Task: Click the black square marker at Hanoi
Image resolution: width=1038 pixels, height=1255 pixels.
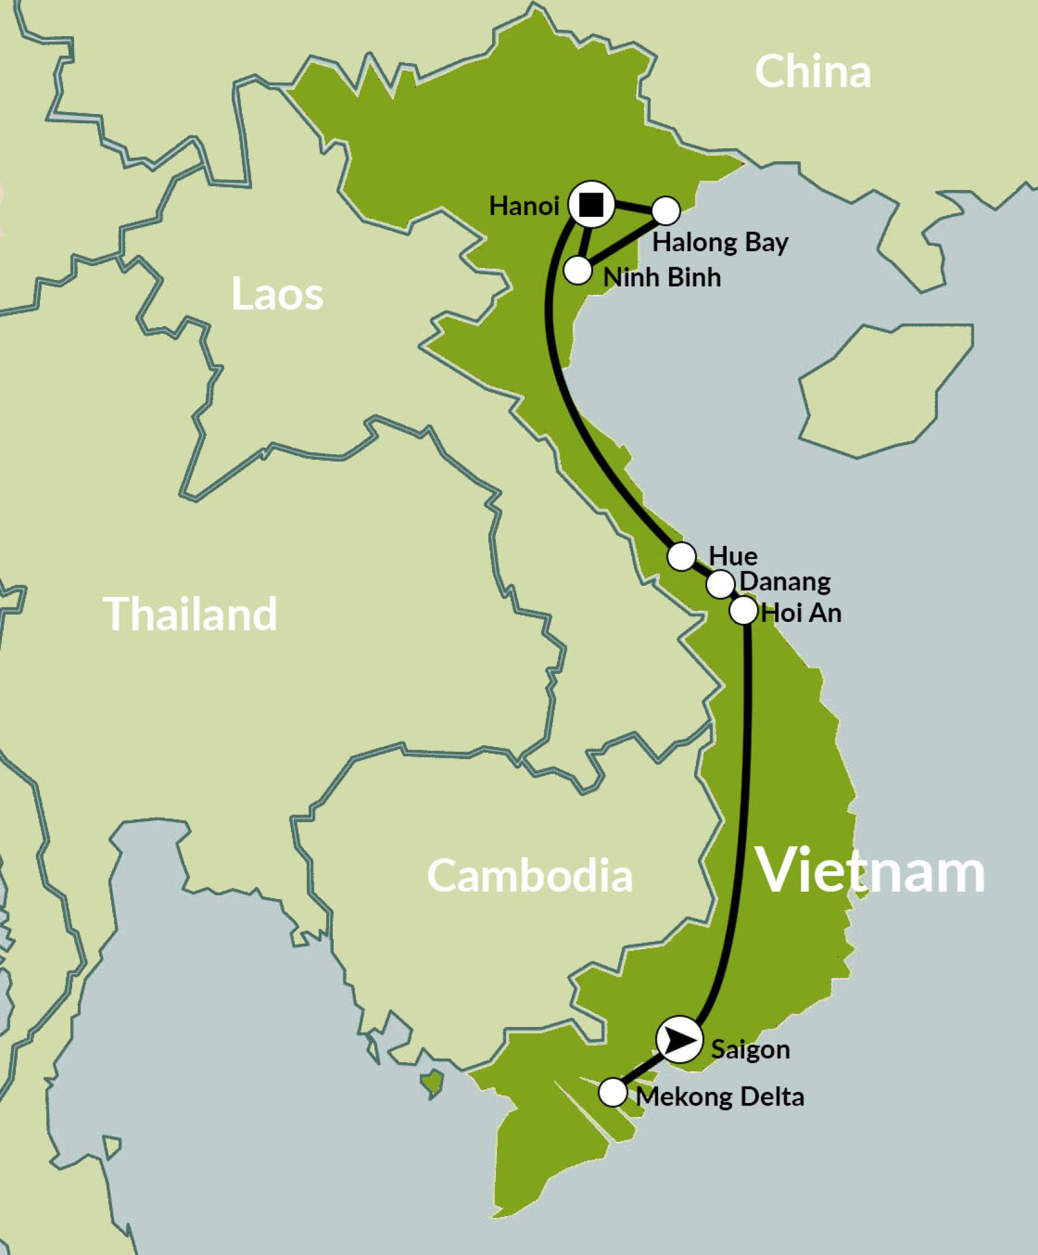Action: coord(591,205)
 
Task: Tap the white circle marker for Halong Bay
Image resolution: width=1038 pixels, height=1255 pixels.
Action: coord(665,211)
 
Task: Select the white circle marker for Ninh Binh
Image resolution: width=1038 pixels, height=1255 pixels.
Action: coord(577,270)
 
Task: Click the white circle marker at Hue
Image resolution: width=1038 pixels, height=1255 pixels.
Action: coord(681,556)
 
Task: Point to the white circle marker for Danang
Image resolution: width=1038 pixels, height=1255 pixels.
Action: coord(721,584)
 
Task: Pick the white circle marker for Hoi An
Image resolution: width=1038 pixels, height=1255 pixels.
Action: coord(743,610)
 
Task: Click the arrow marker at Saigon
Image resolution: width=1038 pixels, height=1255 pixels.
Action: coord(679,1040)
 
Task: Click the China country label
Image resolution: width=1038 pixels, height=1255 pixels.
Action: coord(813,72)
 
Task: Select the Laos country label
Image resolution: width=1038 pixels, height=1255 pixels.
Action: coord(277,295)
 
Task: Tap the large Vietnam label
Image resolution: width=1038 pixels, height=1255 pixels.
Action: coord(871,870)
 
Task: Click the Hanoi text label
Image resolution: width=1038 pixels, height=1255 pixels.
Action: coord(524,207)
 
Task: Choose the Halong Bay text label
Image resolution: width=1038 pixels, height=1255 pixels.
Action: coord(720,243)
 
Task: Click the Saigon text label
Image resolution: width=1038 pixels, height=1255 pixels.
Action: coord(750,1050)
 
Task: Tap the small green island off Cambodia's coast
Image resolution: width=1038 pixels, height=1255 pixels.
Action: coord(433,1082)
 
